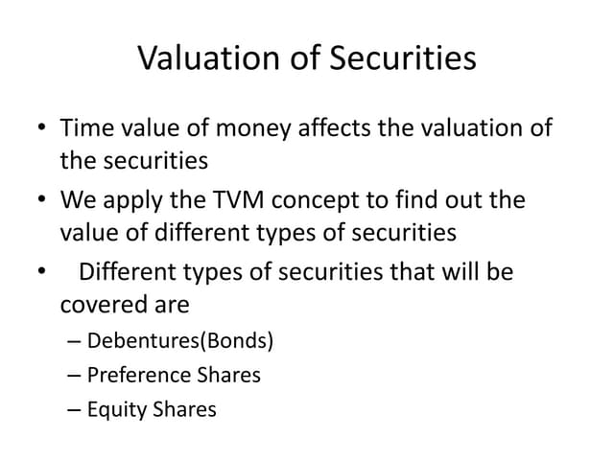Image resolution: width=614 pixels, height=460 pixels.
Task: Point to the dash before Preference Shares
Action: [76, 375]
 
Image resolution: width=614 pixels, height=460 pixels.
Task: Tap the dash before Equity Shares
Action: [76, 410]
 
